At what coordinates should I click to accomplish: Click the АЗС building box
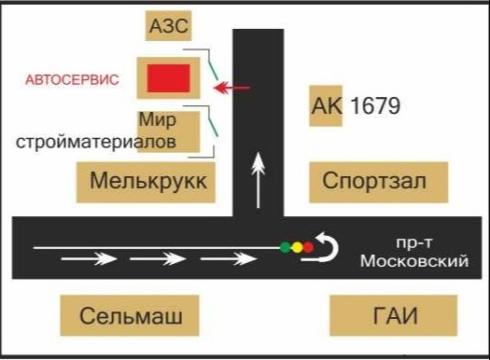click(x=169, y=27)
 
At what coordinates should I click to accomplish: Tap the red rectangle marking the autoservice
click(x=168, y=78)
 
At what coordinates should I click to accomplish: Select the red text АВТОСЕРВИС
click(x=72, y=80)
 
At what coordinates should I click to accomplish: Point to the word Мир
click(x=157, y=119)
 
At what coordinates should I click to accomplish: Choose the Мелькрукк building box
click(x=147, y=182)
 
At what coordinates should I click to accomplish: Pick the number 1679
click(x=373, y=106)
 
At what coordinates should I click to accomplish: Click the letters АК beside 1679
click(x=327, y=106)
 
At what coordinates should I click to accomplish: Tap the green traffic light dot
click(x=285, y=248)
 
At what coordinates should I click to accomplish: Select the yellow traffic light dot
click(x=297, y=248)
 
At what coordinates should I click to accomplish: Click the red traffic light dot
click(x=308, y=248)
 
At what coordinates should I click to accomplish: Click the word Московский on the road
click(x=412, y=260)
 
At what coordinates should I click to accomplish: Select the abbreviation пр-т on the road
click(x=411, y=242)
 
